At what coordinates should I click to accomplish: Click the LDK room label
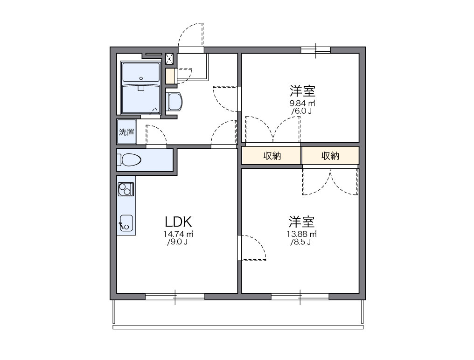click(x=177, y=221)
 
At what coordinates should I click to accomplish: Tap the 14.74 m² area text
click(x=179, y=234)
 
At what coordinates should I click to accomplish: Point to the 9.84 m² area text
click(x=302, y=103)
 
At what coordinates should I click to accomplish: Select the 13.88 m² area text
click(x=302, y=234)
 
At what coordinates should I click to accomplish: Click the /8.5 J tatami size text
click(x=301, y=242)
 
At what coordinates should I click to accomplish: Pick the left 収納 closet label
click(x=272, y=156)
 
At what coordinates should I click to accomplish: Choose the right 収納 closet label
click(x=330, y=156)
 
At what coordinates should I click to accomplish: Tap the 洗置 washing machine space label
click(x=126, y=132)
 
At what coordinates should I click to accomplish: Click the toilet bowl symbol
click(x=129, y=160)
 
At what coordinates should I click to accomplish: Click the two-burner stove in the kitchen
click(x=125, y=189)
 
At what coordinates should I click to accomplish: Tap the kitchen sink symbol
click(x=126, y=223)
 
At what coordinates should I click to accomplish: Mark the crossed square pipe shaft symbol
click(x=170, y=58)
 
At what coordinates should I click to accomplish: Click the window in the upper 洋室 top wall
click(x=316, y=50)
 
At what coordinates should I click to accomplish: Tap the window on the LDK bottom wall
click(x=175, y=296)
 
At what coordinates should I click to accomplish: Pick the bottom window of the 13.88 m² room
click(x=300, y=296)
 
